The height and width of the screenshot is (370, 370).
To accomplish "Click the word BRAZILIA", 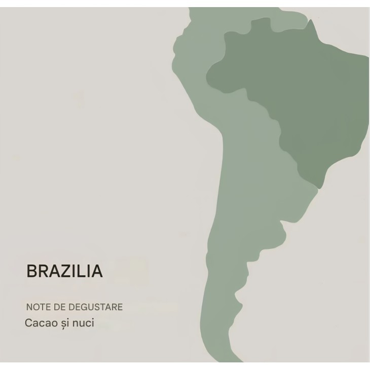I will pos(64,272).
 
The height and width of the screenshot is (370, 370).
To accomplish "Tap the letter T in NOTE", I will pos(41,307).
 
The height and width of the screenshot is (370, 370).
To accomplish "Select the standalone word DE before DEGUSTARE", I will pos(56,307).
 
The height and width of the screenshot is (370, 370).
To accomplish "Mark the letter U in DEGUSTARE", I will pos(87,307).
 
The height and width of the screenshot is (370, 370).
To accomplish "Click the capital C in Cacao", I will pos(28,323).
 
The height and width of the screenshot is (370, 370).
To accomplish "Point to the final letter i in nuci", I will pos(92,323).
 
